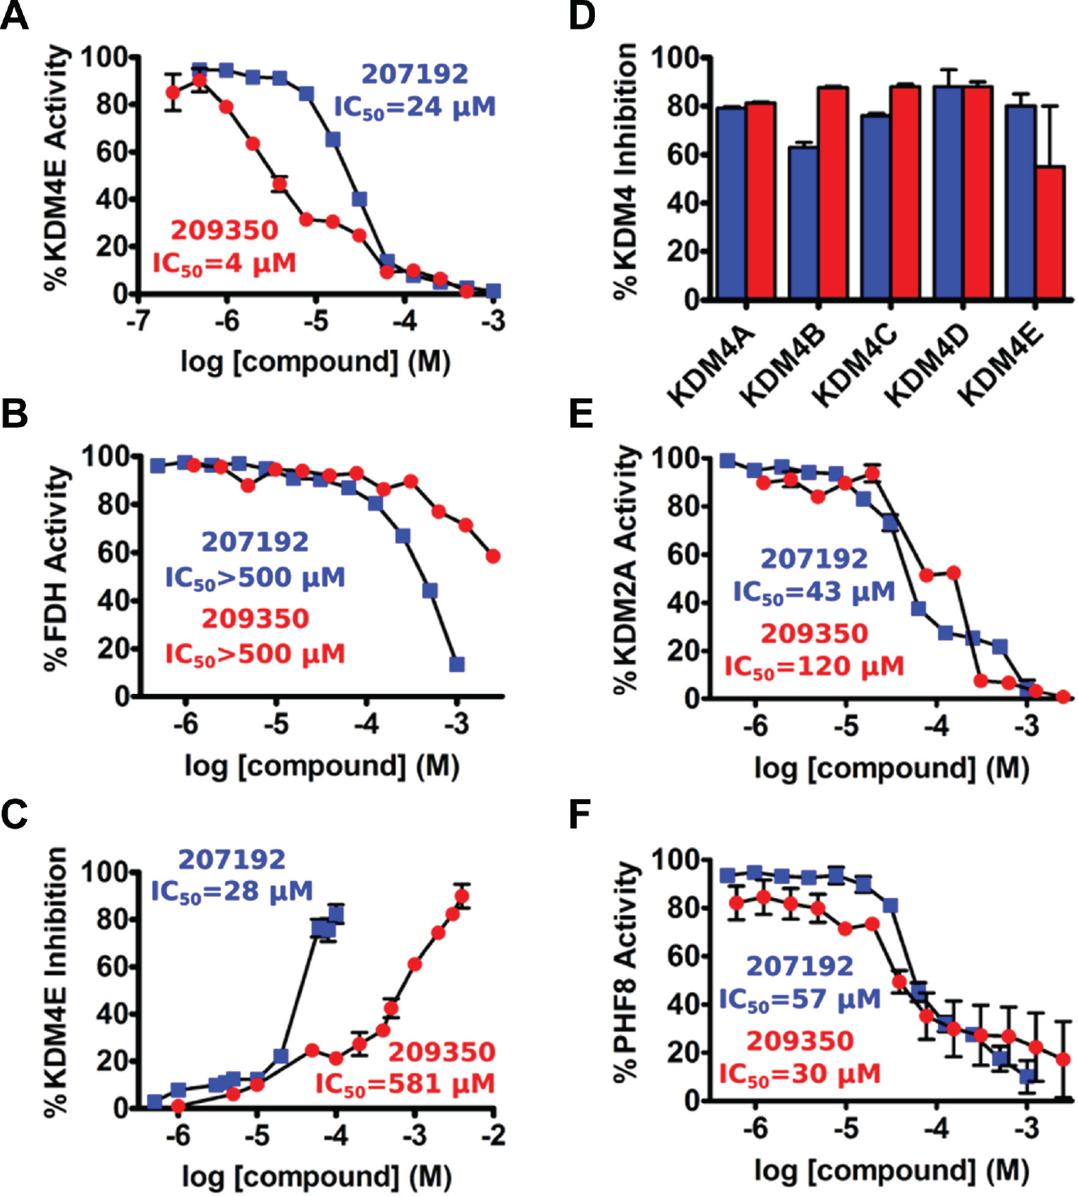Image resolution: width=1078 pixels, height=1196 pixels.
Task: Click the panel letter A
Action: coord(15,16)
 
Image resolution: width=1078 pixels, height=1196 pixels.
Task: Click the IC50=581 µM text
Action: coord(405,1084)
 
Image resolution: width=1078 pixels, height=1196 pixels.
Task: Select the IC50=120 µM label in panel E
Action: coord(814,666)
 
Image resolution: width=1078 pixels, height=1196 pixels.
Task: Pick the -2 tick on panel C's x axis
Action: coord(494,1135)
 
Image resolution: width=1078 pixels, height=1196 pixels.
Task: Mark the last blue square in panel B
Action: coord(457,665)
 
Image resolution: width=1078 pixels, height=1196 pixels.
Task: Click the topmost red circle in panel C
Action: coord(462,896)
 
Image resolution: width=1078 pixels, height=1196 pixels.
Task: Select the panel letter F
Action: coord(581,815)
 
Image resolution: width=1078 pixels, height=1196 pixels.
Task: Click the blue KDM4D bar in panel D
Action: coord(948,193)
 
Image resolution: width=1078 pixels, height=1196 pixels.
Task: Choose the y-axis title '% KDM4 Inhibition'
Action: coord(626,169)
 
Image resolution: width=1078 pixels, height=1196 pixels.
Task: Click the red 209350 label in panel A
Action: coord(224,230)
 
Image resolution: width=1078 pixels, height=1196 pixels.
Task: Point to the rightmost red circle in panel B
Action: coord(493,556)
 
